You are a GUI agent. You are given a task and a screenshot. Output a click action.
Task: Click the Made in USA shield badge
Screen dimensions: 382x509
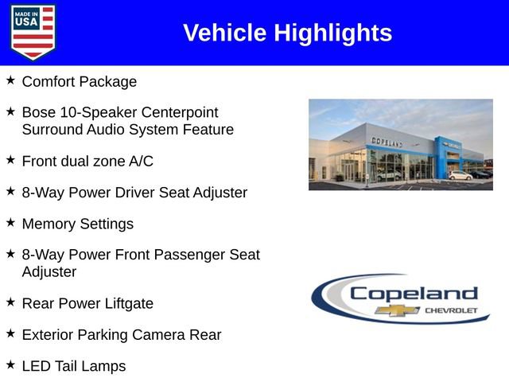click(x=33, y=32)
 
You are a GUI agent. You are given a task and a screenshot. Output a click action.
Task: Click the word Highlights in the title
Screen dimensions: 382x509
click(x=333, y=33)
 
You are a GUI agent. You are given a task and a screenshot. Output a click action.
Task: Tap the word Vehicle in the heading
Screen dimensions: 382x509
click(x=225, y=33)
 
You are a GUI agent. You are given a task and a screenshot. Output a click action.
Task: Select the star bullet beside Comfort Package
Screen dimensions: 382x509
click(x=10, y=80)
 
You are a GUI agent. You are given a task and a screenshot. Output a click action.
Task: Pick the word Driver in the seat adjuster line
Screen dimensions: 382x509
click(x=154, y=193)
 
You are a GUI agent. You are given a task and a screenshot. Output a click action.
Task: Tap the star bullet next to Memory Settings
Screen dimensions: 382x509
click(x=10, y=223)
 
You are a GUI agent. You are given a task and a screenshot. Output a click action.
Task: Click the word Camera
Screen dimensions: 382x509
click(x=148, y=335)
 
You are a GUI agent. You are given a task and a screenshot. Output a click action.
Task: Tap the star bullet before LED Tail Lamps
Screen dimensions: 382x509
click(x=10, y=365)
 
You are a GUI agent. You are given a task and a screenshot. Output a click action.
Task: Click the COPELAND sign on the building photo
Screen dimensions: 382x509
click(x=387, y=142)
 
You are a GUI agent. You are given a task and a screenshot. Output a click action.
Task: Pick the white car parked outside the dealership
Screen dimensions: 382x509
click(x=460, y=174)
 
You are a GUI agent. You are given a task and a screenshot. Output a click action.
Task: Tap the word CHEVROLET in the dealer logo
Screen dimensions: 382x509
click(x=451, y=310)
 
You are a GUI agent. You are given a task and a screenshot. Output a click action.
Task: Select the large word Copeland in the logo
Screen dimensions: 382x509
click(x=413, y=293)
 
